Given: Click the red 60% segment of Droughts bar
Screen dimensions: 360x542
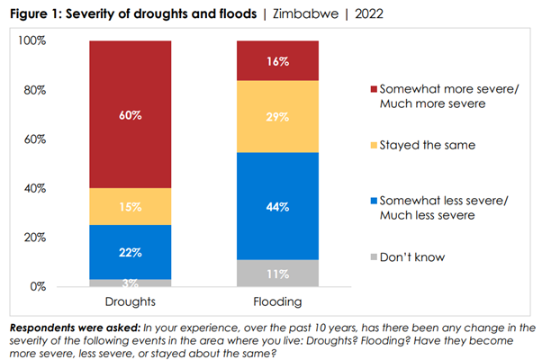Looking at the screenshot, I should click(130, 114).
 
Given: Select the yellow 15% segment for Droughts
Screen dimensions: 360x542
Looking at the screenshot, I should click(130, 206).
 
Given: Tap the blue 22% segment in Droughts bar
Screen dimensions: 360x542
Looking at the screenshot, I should click(130, 252).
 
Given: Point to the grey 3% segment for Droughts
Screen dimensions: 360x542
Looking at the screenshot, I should click(130, 283).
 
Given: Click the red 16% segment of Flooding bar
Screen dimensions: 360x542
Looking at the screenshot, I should click(276, 60).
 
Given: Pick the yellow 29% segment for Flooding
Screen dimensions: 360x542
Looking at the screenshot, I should click(276, 116).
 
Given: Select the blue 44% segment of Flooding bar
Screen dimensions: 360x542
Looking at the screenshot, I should click(276, 206).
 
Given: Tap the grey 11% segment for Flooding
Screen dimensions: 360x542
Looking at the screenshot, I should click(276, 274).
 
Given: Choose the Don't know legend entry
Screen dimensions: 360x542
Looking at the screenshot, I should click(413, 256).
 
